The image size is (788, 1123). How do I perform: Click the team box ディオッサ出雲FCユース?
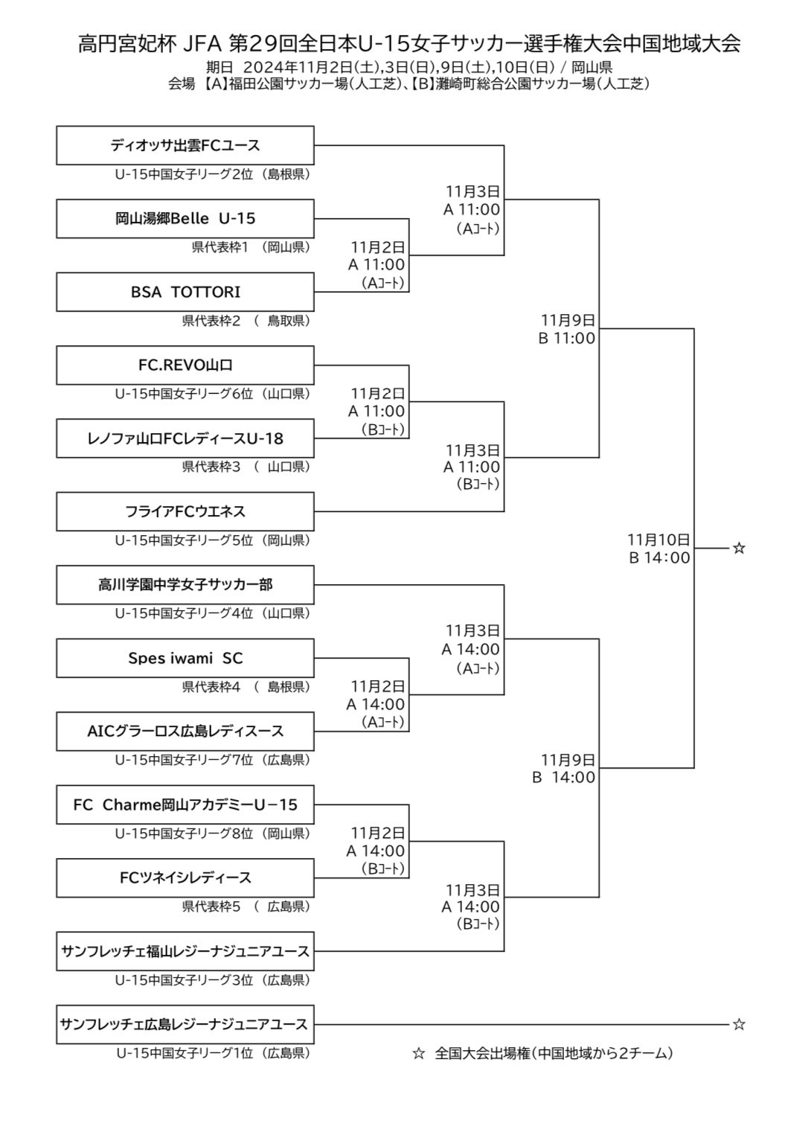coord(185,145)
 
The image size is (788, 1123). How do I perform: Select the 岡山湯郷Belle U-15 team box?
coord(185,218)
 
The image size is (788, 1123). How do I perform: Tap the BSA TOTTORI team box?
coord(185,292)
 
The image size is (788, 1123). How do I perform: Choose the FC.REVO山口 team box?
coord(185,365)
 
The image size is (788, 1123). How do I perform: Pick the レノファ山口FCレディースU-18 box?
coord(185,438)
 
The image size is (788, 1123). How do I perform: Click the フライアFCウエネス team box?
coord(185,511)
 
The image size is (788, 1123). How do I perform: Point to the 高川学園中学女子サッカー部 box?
coord(185,585)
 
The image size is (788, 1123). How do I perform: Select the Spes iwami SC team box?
coord(185,658)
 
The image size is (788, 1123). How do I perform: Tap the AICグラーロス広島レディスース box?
coord(185,731)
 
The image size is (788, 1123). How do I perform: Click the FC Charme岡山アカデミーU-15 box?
coord(185,804)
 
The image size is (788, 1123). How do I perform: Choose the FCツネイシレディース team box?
coord(185,877)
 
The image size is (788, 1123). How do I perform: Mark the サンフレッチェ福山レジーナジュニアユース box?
coord(185,951)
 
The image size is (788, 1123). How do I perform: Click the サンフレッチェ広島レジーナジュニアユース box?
coord(185,1024)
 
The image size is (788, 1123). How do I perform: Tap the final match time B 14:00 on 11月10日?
coord(659,558)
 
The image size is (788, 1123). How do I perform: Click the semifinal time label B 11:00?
coord(567,339)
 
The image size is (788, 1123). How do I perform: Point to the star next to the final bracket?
coord(739,548)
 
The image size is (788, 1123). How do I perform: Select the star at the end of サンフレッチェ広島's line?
coord(739,1025)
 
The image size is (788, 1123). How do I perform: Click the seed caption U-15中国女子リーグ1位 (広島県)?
coord(213,1053)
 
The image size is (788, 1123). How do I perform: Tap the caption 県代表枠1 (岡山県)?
coord(251,247)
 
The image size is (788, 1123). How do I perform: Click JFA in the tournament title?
coord(202,44)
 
